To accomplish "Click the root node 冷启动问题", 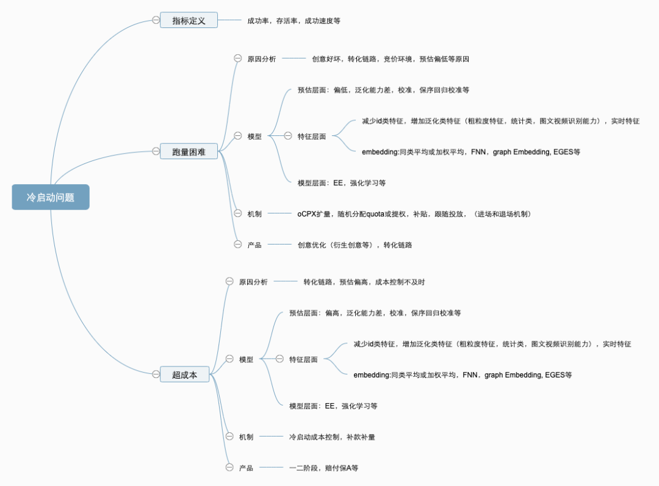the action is coord(51,198).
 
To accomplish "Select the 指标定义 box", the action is coord(189,21).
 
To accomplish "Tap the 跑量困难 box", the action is coord(189,151).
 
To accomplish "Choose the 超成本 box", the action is coord(184,374).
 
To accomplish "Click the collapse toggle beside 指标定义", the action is coord(156,20).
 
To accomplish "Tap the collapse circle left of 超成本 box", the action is coord(156,374).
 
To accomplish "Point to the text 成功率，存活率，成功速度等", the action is coord(293,21).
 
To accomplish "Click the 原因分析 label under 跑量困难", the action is coord(261,59).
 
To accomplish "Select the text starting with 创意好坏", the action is coord(390,59).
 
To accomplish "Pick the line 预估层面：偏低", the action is coord(383,90).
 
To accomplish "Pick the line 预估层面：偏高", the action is coord(375,313).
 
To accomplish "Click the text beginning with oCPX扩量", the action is coord(414,214).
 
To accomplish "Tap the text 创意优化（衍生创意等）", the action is coord(355,245).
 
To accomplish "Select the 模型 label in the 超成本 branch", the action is coord(246,360).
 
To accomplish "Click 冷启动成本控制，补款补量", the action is coord(332,437).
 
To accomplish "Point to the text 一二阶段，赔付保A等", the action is coord(323,468).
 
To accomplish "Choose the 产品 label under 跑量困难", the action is coord(254,245).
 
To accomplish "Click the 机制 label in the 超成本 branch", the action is coord(246,437).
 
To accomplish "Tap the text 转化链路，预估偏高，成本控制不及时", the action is coord(364,282).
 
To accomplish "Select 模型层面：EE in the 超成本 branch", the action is coord(333,406).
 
